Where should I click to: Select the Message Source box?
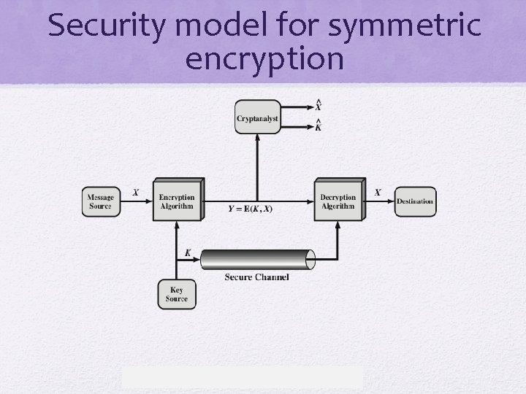100,201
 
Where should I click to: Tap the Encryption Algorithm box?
177,201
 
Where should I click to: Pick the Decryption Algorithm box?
338,201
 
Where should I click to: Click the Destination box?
415,201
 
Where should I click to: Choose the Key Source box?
177,294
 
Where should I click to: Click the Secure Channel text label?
256,277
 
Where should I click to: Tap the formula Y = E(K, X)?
251,209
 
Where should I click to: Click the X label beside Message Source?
135,193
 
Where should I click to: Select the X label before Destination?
377,193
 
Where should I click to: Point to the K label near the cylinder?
188,253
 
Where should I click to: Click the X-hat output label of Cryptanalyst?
318,107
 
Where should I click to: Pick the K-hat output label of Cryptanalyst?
318,127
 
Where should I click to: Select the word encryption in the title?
264,60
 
